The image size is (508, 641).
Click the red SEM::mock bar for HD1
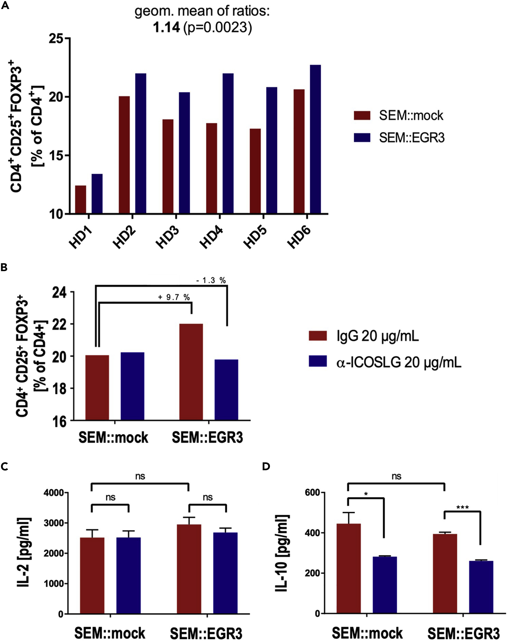[x=80, y=200]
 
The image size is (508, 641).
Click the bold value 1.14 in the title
[x=166, y=28]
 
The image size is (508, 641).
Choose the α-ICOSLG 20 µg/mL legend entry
[x=399, y=363]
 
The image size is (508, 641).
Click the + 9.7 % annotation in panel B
[x=174, y=297]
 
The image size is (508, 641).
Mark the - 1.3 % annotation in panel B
[x=211, y=280]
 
